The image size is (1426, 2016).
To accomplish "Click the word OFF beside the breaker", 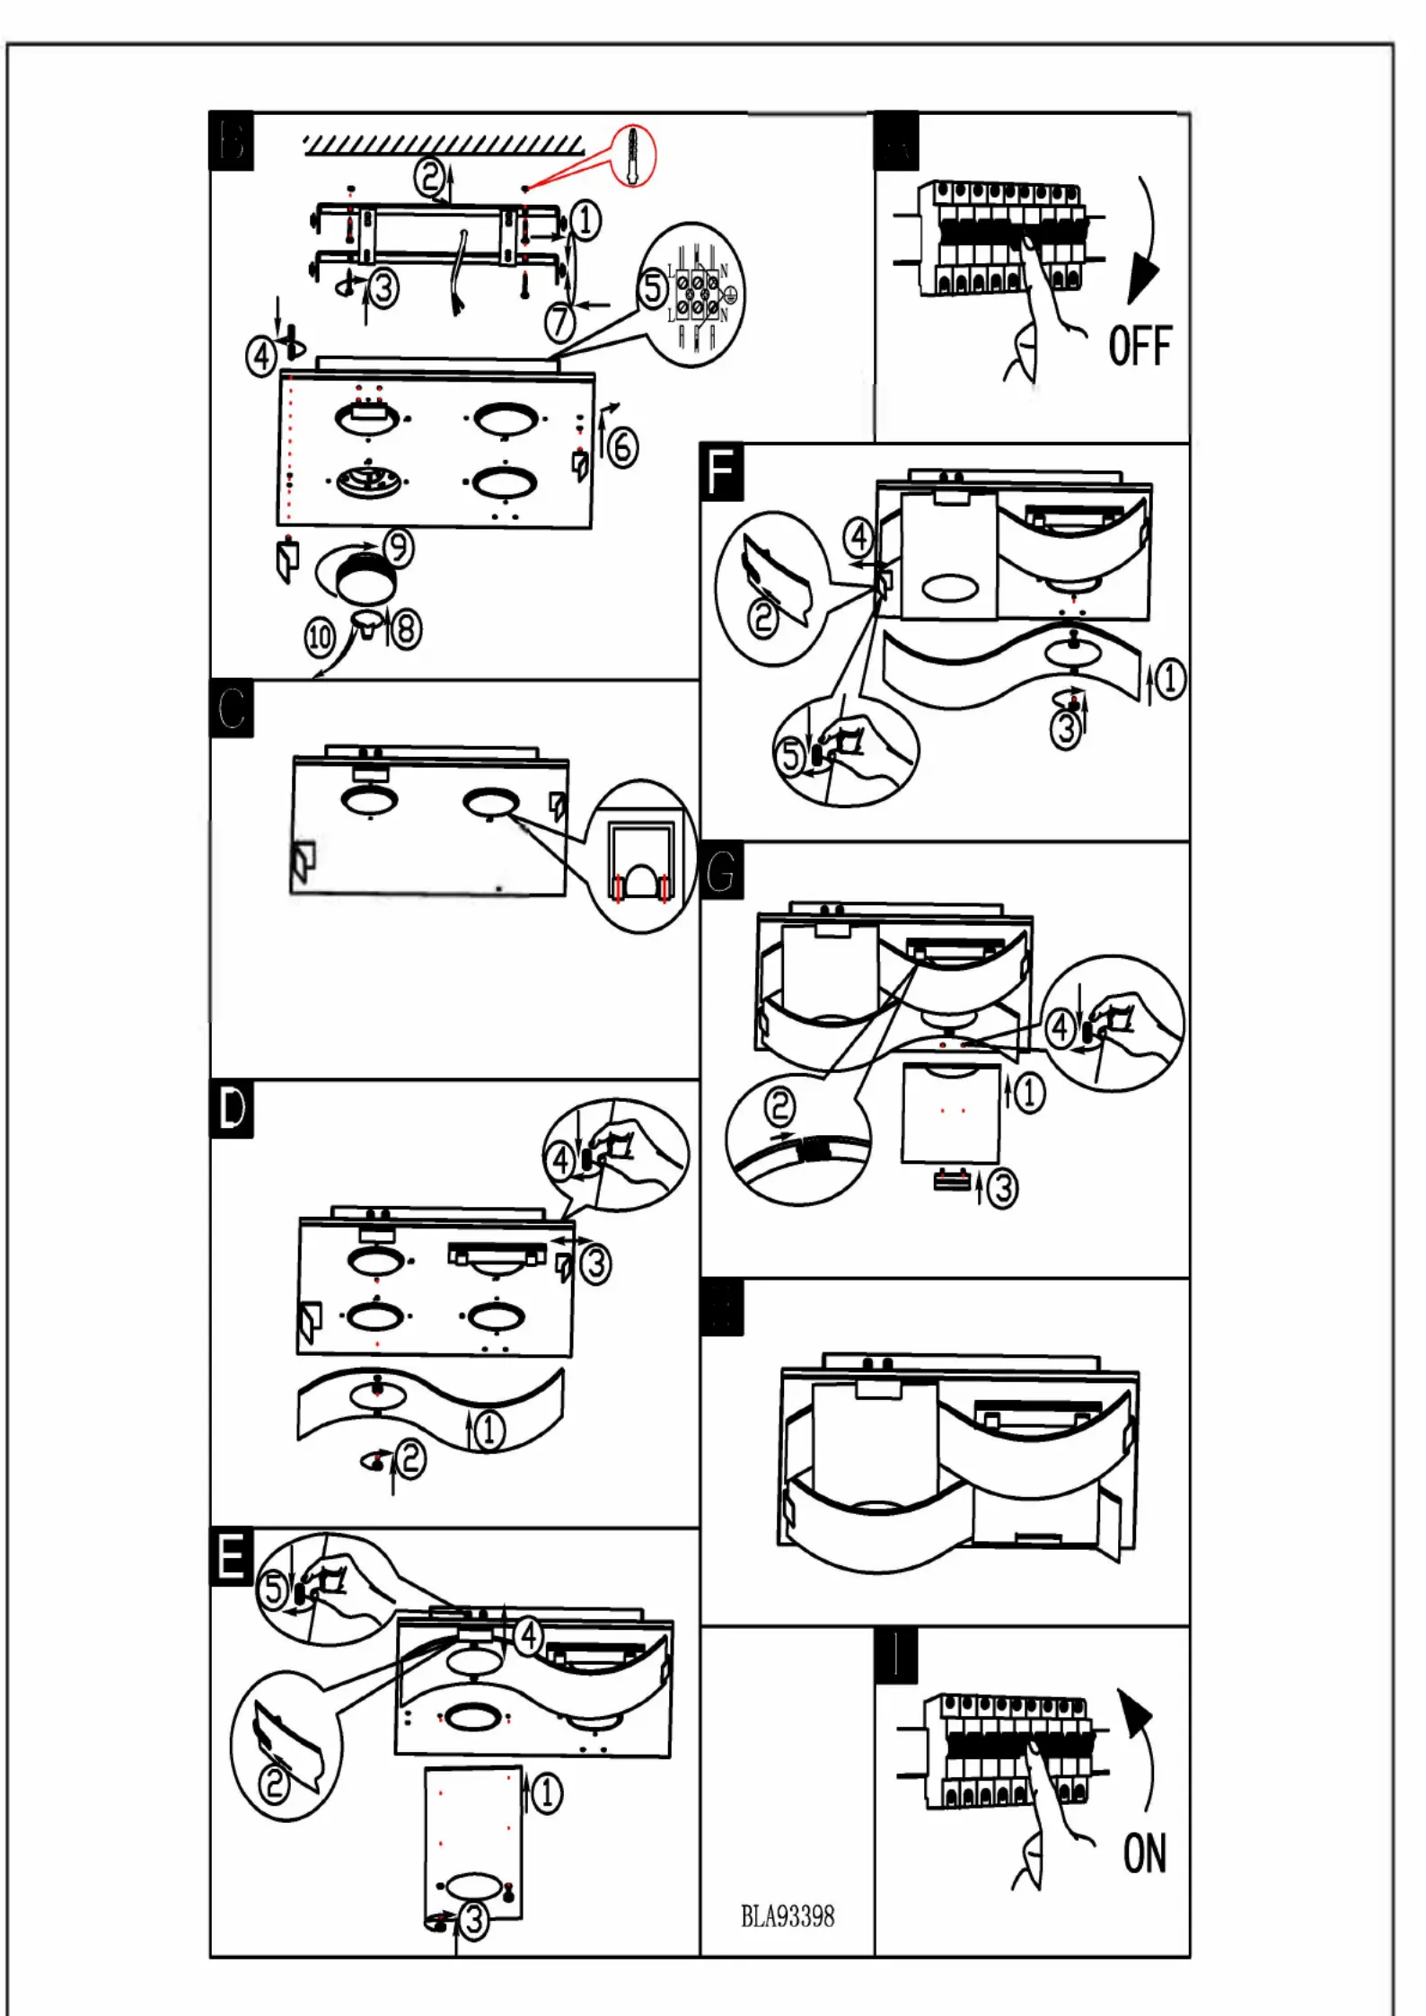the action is (x=1140, y=347).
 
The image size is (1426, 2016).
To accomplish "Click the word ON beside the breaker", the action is (x=1144, y=1853).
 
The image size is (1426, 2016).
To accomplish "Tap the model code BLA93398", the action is (x=787, y=1916).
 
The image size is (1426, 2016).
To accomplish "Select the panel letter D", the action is (x=232, y=1109).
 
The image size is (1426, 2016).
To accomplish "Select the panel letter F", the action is (x=721, y=472).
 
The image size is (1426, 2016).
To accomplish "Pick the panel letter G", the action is (x=721, y=871).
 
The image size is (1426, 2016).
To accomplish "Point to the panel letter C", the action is (x=232, y=709).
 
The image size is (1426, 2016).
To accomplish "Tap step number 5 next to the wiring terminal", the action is (x=653, y=289).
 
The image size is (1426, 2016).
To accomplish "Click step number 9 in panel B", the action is (x=398, y=548).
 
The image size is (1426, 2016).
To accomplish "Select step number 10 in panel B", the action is (x=320, y=638).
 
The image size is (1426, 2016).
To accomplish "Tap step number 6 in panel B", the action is (x=622, y=447).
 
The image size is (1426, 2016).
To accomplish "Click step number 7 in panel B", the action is (x=560, y=321).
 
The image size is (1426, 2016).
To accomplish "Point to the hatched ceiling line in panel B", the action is (x=444, y=145).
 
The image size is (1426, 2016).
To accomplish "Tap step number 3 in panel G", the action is (x=1002, y=1188).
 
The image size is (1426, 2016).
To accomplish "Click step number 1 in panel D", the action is (x=489, y=1431).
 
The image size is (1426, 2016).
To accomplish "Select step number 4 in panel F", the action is (x=858, y=538).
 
